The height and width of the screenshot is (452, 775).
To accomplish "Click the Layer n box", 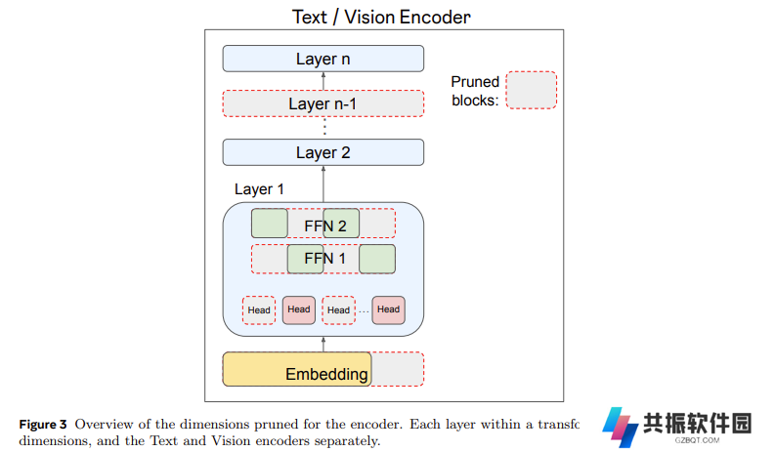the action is [323, 59].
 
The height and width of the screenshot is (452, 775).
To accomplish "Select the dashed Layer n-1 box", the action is [323, 103].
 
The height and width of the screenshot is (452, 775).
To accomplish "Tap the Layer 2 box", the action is [323, 152].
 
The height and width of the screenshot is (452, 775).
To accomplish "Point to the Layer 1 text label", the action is [259, 189].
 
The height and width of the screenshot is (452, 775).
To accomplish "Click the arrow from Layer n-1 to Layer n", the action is [323, 81].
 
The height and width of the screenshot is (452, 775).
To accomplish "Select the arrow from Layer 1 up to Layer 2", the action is [323, 184].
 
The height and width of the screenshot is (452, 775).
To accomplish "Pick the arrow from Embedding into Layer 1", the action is [323, 345].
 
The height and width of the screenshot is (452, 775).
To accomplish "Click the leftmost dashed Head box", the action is [259, 310].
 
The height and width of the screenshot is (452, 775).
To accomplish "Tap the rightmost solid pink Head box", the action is [389, 310].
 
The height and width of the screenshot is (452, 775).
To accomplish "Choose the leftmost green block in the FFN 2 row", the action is [270, 224].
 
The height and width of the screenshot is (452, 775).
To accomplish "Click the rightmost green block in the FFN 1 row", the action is [377, 259].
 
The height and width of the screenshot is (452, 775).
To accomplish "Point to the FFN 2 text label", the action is [325, 226].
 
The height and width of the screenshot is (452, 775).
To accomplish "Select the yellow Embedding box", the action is [297, 369].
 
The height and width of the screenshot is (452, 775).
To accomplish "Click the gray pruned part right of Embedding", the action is [398, 369].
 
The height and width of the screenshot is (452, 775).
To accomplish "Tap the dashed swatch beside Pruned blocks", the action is [532, 90].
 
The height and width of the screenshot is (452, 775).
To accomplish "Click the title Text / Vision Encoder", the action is [381, 18].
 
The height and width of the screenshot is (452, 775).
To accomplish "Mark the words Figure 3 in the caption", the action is [43, 425].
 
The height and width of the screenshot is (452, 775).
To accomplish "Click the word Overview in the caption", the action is [104, 425].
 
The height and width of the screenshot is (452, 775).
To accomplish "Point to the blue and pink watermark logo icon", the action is [621, 428].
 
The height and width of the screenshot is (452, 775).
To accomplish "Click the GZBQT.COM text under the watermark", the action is [697, 440].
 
